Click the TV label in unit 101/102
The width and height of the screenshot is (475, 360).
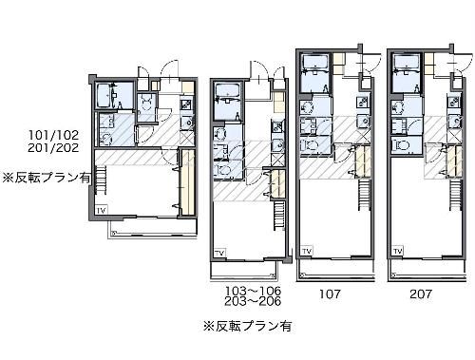coord(101,209)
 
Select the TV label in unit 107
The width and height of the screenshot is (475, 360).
coord(307,251)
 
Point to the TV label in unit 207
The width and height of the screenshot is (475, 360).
coord(400,251)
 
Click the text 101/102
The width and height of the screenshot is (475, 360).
coord(55,136)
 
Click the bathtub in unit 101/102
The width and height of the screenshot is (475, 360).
coord(104,99)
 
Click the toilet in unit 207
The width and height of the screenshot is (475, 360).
coord(403,147)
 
